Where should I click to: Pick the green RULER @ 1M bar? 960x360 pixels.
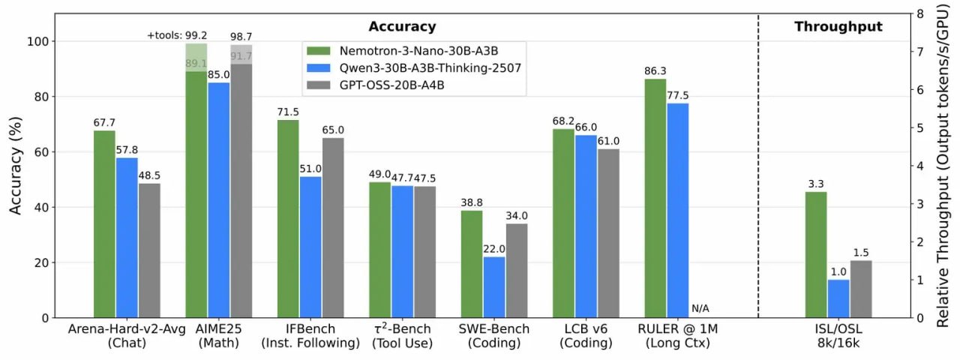coord(655,198)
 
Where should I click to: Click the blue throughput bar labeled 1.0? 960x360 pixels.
coord(838,298)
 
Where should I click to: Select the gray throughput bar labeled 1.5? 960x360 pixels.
coord(860,289)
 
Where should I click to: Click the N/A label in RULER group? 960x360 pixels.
coord(700,308)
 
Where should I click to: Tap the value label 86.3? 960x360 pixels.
coord(655,71)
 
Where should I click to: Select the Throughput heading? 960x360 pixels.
coord(838,27)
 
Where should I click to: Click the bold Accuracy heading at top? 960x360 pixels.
coord(402,27)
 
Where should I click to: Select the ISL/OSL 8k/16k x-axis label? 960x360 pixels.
coord(838,336)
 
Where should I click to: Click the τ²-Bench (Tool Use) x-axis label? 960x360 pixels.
coord(402,336)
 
